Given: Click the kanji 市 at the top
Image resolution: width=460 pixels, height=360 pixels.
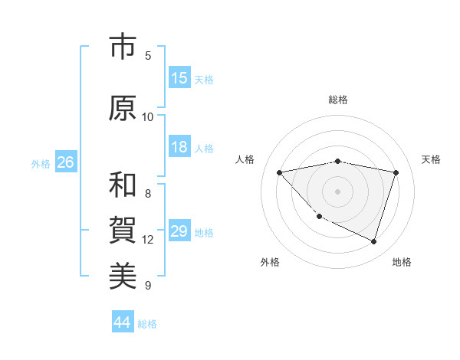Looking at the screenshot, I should pos(123,47).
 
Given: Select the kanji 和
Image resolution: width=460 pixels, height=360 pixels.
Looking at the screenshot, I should pos(123,185).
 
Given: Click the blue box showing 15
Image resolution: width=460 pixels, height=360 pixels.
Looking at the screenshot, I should pos(179,78).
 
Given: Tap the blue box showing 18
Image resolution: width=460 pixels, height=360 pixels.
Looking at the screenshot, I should pos(179,147).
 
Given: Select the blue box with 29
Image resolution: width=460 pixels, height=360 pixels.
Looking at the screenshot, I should pos(179,231).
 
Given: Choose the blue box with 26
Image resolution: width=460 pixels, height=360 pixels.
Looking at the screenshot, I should pos(65,162).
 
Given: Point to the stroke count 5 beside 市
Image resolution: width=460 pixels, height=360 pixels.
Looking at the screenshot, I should pos(148,56).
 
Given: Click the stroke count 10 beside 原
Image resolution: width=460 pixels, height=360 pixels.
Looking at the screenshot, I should pos(148,116).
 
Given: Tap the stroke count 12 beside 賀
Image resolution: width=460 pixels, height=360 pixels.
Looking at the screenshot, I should pos(148,240).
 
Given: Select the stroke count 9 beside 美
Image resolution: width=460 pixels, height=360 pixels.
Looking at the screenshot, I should pos(148,286).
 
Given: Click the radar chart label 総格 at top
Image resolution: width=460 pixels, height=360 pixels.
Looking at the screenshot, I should pos(337,100).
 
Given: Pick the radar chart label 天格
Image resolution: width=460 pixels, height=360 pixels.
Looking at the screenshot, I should pos(431,159).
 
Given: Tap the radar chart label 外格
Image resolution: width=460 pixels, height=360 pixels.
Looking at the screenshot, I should pos(270,263).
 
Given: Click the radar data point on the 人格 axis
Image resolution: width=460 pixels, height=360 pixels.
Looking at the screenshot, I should pos(279,172).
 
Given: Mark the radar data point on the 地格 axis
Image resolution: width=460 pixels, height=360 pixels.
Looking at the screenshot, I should pos(373,242).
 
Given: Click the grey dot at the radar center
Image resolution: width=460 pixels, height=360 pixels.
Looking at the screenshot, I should pos(337,191).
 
